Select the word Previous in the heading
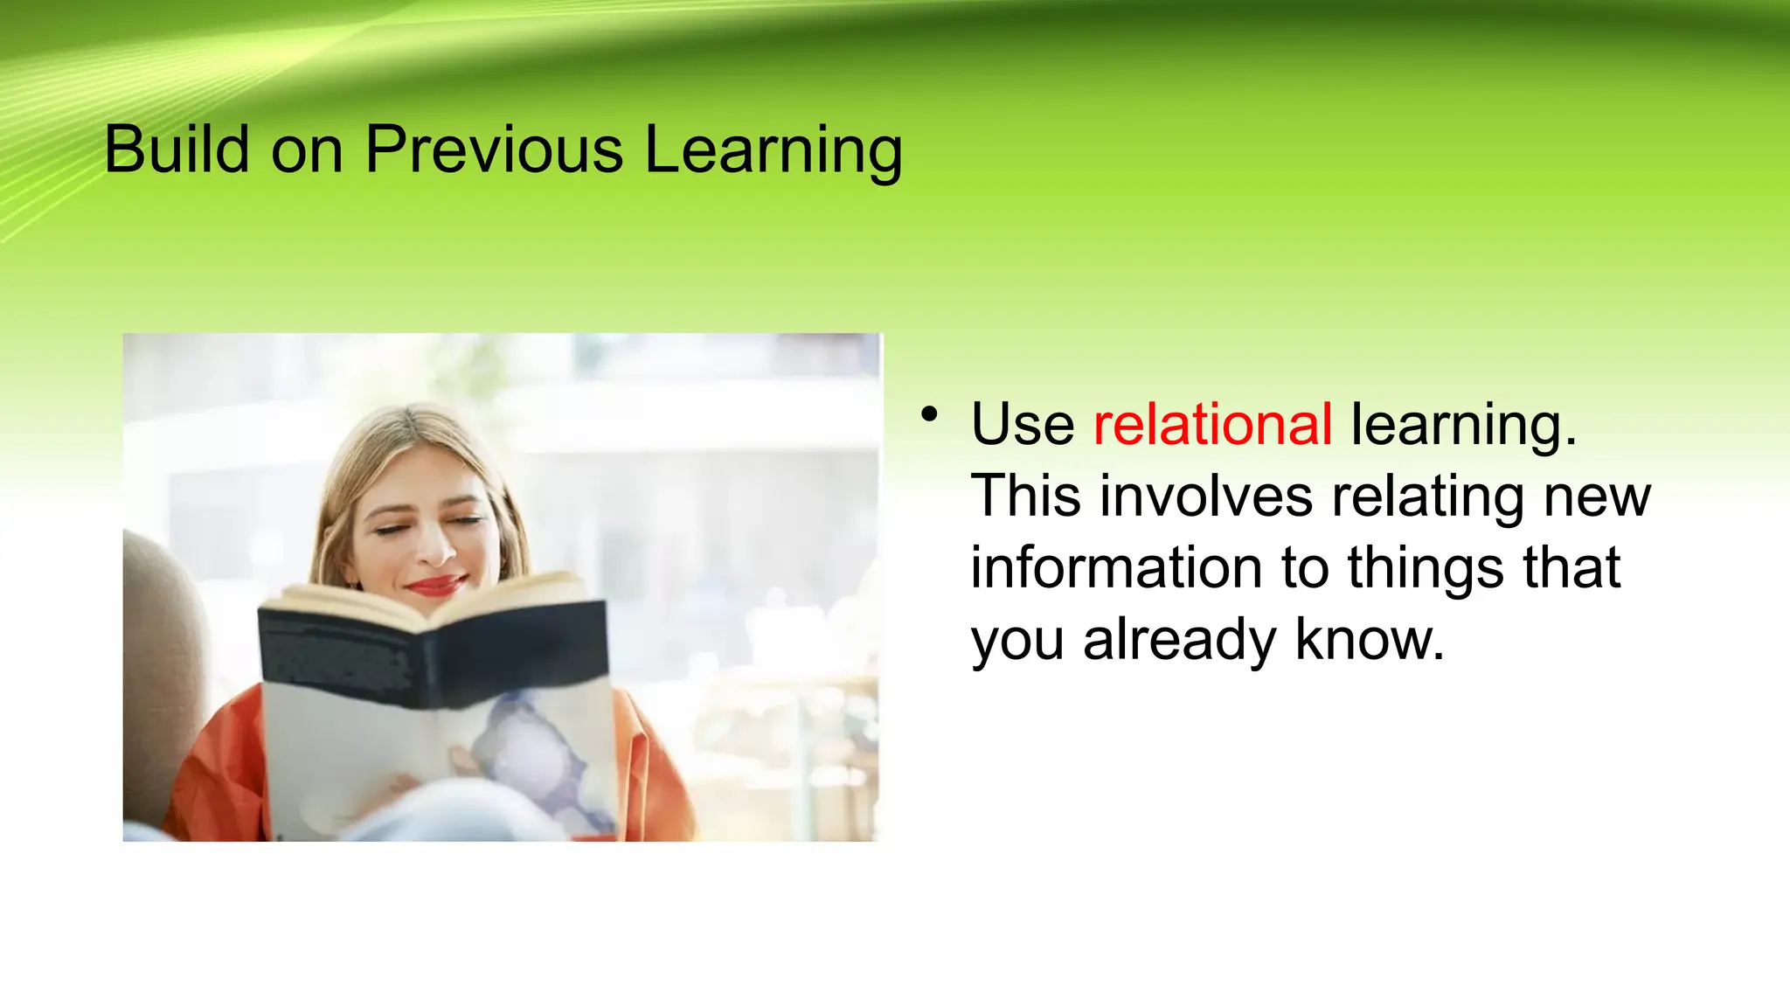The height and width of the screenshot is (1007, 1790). [x=494, y=149]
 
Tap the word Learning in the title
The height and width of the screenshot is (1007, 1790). [x=774, y=151]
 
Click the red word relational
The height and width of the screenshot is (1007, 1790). [x=1212, y=425]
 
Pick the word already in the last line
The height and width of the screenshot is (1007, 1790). [x=1180, y=640]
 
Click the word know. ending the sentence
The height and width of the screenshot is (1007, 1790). [x=1369, y=640]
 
